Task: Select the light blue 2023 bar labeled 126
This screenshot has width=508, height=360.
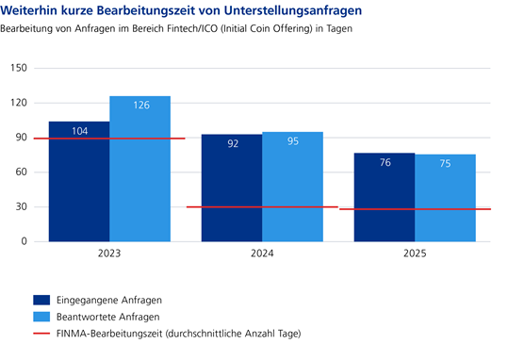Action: coord(139,170)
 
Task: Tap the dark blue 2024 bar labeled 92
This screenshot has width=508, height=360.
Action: coord(231,188)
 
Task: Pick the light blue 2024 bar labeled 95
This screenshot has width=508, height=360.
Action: coord(292,187)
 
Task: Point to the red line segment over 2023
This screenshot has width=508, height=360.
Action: coord(108,139)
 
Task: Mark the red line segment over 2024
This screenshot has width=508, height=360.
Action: coord(262,206)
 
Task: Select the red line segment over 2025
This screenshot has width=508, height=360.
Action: coord(415,209)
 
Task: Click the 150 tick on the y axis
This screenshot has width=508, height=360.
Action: coord(18,68)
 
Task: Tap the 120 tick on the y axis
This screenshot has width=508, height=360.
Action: coord(18,103)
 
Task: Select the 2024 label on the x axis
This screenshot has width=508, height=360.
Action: coord(262,254)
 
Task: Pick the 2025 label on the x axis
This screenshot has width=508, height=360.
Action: coord(415,254)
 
